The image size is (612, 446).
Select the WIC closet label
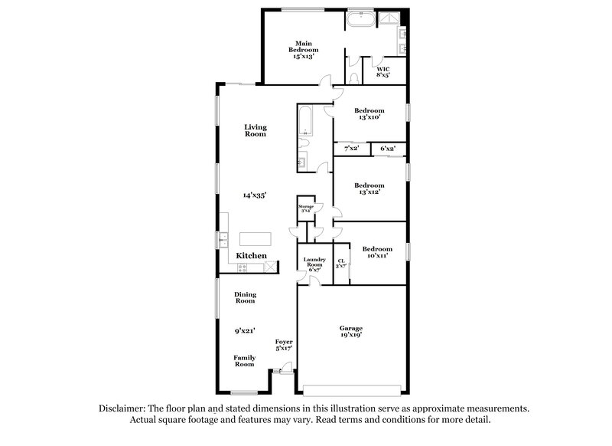[x=383, y=68]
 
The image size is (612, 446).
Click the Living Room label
[x=255, y=130]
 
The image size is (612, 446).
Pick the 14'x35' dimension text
[x=255, y=195]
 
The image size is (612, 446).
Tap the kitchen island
[x=256, y=238]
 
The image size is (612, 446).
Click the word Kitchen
[x=251, y=255]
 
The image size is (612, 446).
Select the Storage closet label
[x=306, y=205]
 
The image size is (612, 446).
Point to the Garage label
[x=352, y=328]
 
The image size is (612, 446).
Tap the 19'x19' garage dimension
[x=352, y=335]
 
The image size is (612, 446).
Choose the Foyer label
[x=284, y=341]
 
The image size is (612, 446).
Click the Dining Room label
[x=245, y=297]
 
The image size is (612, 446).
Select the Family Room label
[x=244, y=360]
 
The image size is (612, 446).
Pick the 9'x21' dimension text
[x=245, y=331]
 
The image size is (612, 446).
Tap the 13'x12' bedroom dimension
[x=369, y=192]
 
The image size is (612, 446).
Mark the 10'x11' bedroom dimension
[x=377, y=255]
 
